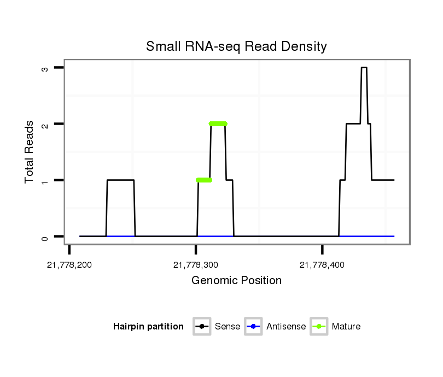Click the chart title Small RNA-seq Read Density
(x=236, y=47)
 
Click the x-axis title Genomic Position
(x=236, y=281)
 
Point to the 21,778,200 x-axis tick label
(x=69, y=265)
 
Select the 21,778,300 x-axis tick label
(x=196, y=265)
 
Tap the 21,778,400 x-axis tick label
(x=322, y=265)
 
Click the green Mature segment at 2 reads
(x=218, y=124)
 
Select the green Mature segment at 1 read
(x=204, y=180)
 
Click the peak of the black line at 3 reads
(x=364, y=68)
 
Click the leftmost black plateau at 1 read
(x=120, y=180)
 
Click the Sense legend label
(x=228, y=327)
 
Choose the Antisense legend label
(x=286, y=327)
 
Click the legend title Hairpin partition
(x=148, y=327)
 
